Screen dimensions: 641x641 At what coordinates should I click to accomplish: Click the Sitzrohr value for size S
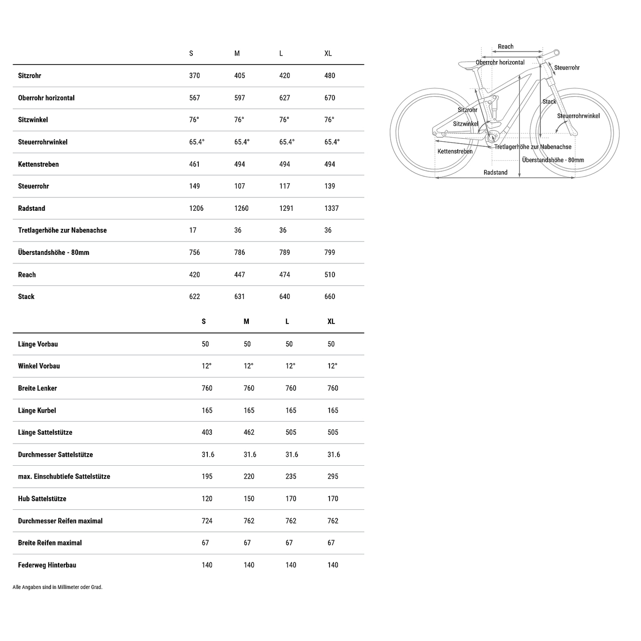194,76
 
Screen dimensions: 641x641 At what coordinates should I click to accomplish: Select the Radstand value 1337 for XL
332,208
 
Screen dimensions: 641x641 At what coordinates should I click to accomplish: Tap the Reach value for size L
284,274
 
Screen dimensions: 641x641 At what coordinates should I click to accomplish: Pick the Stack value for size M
239,296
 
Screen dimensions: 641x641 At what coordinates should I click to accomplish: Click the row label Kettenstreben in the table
38,164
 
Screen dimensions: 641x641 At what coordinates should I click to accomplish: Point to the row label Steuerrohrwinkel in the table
43,142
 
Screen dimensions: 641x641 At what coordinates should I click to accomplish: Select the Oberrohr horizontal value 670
330,98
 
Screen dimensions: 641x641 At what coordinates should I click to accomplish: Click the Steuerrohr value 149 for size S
194,186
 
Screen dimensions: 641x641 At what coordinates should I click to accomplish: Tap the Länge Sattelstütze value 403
207,432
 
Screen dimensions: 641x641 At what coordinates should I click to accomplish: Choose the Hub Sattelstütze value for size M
249,499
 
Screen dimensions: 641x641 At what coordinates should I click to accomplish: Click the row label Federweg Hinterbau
47,565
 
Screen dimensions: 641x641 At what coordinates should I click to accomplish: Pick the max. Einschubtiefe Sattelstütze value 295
333,476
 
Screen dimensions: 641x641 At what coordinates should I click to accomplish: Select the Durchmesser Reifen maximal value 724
207,521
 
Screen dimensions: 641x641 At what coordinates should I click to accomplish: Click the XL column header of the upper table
328,54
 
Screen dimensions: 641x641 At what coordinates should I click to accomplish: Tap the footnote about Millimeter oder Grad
57,587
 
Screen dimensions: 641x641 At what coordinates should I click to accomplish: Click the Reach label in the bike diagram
505,47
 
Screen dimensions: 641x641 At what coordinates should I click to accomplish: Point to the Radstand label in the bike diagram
495,172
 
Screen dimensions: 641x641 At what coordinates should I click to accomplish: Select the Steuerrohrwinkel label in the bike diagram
578,116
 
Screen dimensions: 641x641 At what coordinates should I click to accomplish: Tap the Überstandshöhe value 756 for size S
194,252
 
